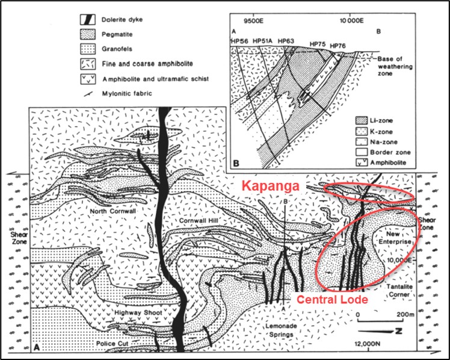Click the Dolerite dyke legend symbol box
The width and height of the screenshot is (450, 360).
pyautogui.click(x=87, y=19)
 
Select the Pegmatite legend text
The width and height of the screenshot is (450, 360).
pyautogui.click(x=117, y=34)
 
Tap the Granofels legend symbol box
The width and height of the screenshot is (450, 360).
pyautogui.click(x=87, y=49)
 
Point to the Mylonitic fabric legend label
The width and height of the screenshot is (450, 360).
pyautogui.click(x=127, y=93)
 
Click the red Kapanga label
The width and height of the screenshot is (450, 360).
pyautogui.click(x=270, y=186)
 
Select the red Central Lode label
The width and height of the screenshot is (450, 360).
pyautogui.click(x=332, y=299)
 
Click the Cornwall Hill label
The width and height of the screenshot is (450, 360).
pyautogui.click(x=199, y=220)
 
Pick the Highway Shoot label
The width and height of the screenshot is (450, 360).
pyautogui.click(x=138, y=312)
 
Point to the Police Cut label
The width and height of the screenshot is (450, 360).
pyautogui.click(x=112, y=344)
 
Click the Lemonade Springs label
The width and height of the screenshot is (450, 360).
pyautogui.click(x=281, y=330)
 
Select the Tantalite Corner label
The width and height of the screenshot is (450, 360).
pyautogui.click(x=399, y=290)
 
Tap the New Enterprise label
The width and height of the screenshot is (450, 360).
pyautogui.click(x=395, y=238)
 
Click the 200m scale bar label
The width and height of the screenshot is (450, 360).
pyautogui.click(x=405, y=315)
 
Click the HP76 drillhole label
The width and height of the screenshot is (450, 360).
pyautogui.click(x=337, y=46)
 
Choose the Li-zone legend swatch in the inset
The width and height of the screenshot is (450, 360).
pyautogui.click(x=362, y=120)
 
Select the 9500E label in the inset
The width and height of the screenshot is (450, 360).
pyautogui.click(x=254, y=20)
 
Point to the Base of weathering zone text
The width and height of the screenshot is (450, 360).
pyautogui.click(x=395, y=66)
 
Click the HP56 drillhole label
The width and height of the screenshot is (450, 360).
pyautogui.click(x=239, y=42)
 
